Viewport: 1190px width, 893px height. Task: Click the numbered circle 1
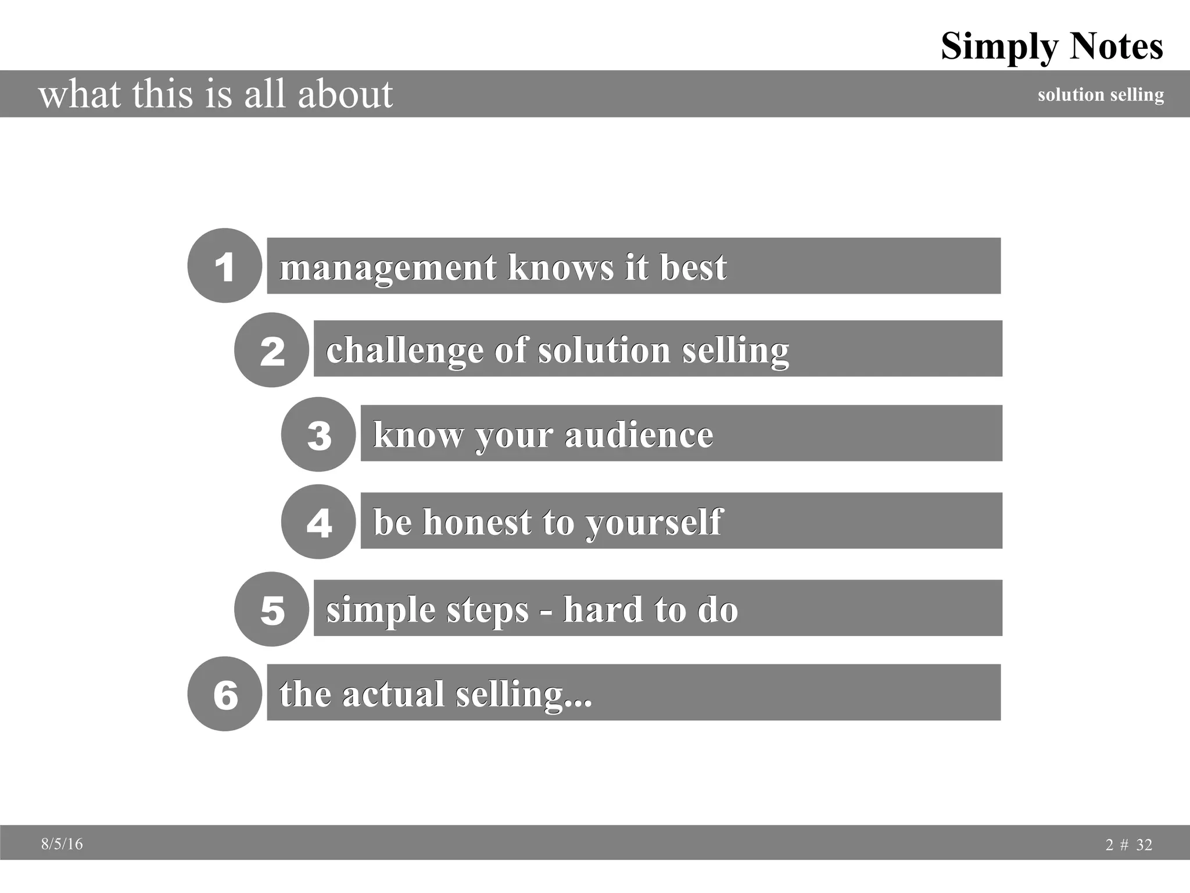tap(224, 266)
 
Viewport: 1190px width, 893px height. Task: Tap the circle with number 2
tap(271, 350)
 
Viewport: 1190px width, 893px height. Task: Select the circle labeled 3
tap(318, 434)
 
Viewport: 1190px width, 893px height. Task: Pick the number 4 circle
tap(318, 521)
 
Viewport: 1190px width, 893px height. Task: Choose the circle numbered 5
tap(271, 609)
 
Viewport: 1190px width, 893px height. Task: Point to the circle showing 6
tap(224, 694)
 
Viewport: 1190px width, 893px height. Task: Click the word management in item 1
tap(388, 268)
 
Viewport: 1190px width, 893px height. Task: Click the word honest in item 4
tap(476, 521)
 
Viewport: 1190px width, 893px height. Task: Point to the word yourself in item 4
tap(654, 523)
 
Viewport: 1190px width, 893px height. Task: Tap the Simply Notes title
tap(1052, 46)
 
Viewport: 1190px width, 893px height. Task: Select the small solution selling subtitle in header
tap(1101, 94)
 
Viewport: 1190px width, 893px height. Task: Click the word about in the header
tap(345, 94)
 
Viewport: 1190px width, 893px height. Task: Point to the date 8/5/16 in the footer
tap(62, 844)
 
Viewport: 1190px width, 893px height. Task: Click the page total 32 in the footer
tap(1144, 845)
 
